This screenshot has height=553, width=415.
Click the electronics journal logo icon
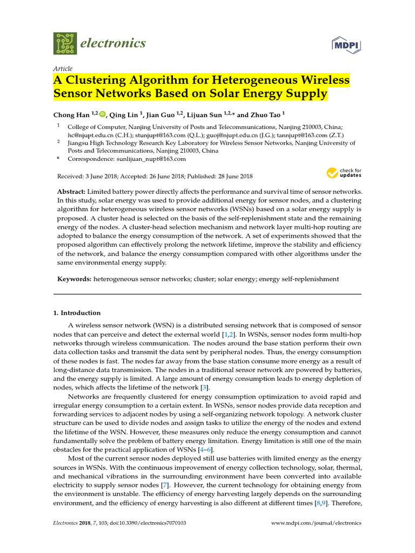pyautogui.click(x=65, y=43)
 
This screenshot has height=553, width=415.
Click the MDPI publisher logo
pyautogui.click(x=346, y=43)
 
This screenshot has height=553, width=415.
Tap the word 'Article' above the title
pyautogui.click(x=62, y=69)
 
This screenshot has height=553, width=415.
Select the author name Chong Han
pyautogui.click(x=71, y=114)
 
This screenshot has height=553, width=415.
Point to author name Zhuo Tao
pyautogui.click(x=265, y=114)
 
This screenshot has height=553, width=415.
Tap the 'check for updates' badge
pyautogui.click(x=344, y=173)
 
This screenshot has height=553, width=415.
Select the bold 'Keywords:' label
pyautogui.click(x=74, y=279)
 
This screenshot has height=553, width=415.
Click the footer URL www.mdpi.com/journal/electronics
pyautogui.click(x=316, y=523)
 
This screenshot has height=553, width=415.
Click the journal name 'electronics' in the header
pyautogui.click(x=113, y=43)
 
